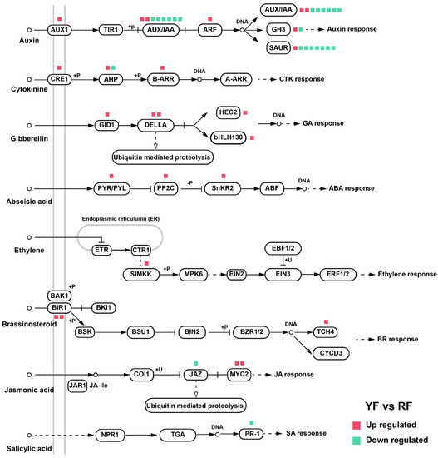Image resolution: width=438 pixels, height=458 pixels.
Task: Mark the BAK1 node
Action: tap(58, 296)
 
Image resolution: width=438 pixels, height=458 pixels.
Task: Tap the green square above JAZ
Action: tap(195, 363)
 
